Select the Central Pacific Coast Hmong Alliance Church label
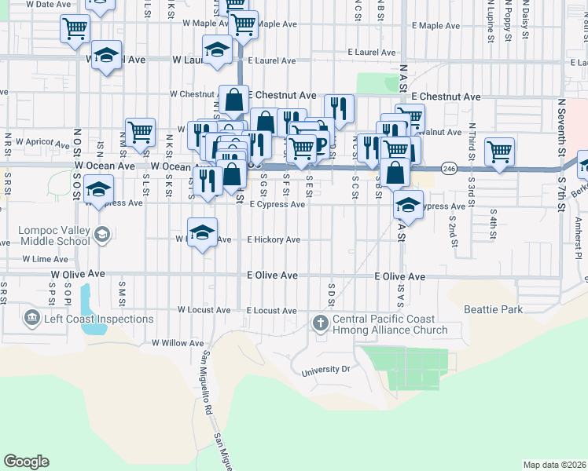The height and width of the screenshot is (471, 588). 389,324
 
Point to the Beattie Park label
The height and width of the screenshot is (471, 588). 493,309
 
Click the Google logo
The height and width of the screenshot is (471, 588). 26,462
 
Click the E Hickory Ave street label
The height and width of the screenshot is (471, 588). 274,239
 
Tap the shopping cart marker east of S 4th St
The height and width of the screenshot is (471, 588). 499,152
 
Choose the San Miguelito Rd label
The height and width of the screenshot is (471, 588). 207,385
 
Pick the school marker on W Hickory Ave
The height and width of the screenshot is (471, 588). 202,233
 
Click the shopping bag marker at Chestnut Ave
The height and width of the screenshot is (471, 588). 233,100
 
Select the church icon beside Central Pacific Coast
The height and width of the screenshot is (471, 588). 320,323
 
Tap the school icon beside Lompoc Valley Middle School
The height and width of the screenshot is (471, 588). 101,234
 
